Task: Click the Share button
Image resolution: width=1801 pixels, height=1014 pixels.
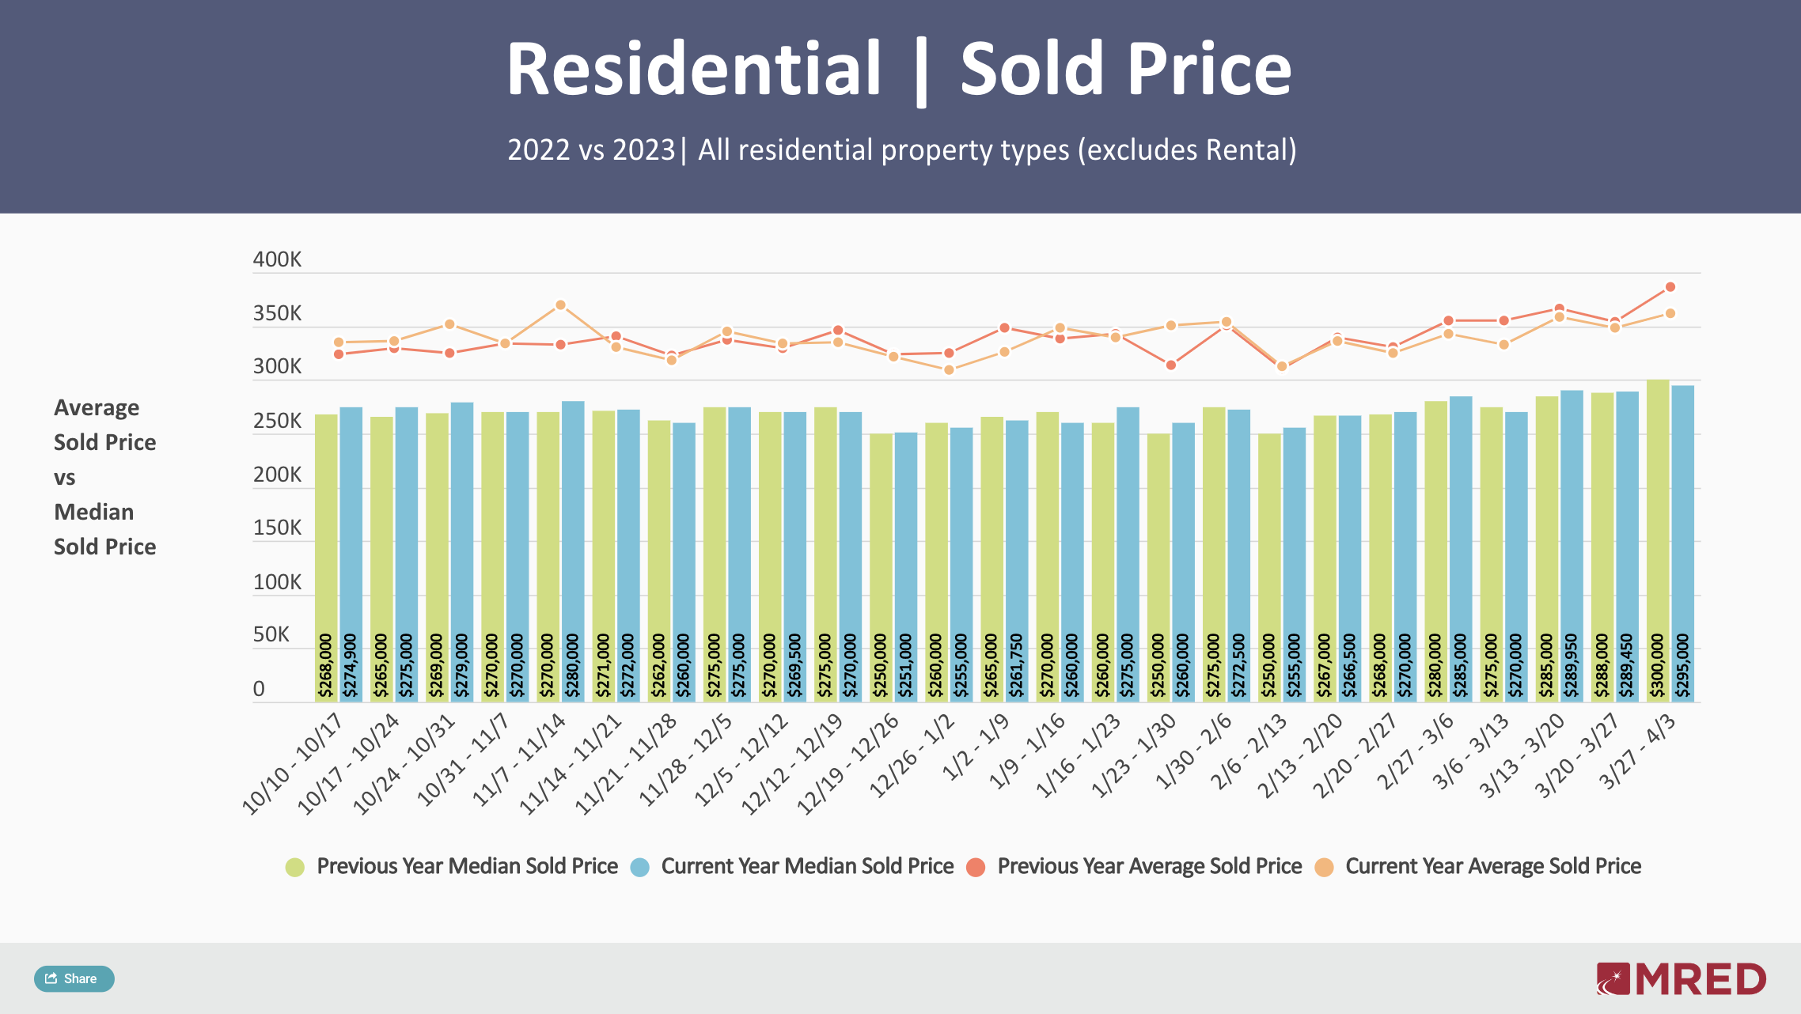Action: (74, 978)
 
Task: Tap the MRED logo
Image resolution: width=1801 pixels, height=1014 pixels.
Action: (1681, 979)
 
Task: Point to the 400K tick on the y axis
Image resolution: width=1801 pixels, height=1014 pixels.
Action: (277, 259)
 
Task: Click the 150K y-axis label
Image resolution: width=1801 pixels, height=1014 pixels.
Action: (277, 528)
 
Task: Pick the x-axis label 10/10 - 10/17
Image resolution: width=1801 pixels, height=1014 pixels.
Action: (293, 763)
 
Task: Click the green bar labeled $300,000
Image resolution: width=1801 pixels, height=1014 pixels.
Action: (1658, 538)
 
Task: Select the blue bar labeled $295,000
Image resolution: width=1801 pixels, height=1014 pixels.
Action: (1683, 542)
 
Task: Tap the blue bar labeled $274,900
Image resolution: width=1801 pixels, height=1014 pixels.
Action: (351, 554)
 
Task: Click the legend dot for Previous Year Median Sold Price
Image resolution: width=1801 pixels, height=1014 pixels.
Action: (295, 867)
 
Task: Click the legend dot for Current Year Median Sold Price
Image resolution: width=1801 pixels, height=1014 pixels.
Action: (640, 867)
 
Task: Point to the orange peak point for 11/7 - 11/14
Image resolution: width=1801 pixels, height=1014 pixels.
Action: (560, 305)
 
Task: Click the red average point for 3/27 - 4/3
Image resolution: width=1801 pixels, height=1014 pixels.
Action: (1670, 287)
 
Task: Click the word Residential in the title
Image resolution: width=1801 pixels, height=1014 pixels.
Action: (694, 70)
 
